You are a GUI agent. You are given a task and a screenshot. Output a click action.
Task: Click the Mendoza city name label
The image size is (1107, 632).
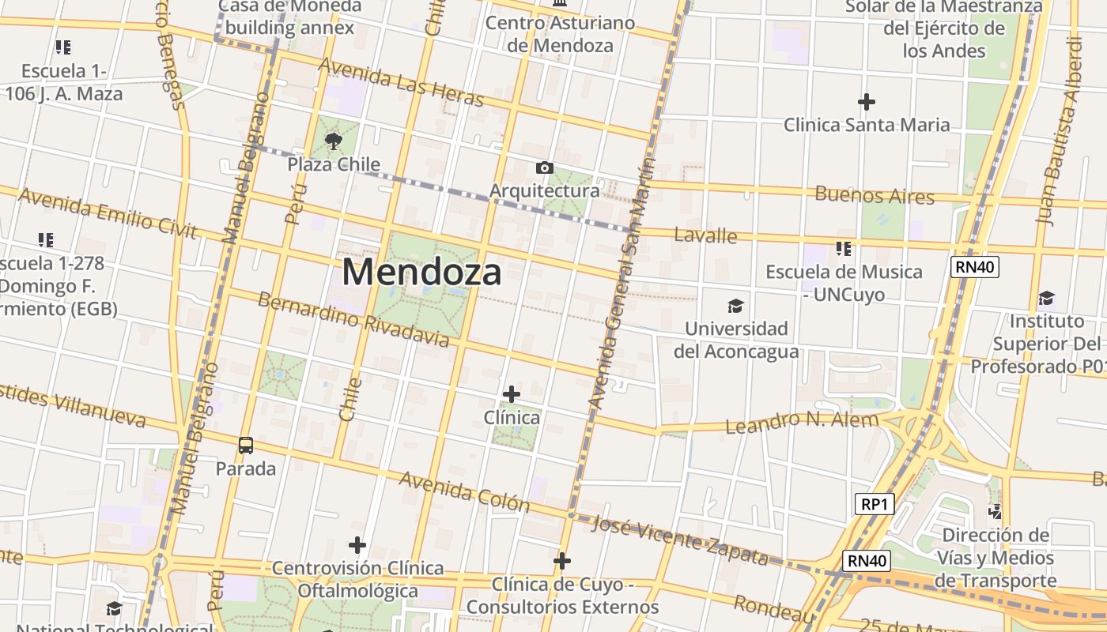[x=421, y=273]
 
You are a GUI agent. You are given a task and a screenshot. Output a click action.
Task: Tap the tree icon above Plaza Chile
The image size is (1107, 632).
[x=334, y=142]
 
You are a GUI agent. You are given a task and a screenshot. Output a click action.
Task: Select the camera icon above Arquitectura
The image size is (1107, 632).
[x=544, y=167]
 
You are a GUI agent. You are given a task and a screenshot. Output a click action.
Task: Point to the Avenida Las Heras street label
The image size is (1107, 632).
[x=400, y=82]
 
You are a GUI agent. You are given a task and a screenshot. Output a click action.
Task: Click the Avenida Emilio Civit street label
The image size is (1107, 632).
[x=107, y=213]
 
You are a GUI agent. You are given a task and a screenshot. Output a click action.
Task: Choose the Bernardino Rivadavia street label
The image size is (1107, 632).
[x=353, y=321]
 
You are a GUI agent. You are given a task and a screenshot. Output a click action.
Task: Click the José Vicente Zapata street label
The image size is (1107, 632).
[x=680, y=540]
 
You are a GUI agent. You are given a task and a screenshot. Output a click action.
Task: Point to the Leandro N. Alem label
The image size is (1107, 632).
[x=802, y=422]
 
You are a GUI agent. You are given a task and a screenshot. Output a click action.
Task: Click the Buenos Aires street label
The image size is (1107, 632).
[x=874, y=194]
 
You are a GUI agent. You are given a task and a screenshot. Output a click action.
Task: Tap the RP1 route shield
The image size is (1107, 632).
[x=875, y=504]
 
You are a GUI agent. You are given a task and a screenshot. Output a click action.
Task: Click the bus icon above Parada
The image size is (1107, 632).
[x=246, y=446]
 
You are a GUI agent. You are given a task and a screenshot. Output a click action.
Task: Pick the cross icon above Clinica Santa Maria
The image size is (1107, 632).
[x=867, y=102]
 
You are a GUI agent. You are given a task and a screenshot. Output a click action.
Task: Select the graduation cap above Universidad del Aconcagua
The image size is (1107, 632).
[x=736, y=306]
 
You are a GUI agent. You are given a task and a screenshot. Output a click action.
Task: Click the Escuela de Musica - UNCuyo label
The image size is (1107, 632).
[x=844, y=283]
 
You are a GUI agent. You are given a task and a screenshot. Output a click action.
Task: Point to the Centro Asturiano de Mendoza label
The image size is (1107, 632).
[x=560, y=34]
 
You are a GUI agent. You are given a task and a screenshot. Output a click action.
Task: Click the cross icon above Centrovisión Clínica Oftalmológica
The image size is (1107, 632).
[x=357, y=545]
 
